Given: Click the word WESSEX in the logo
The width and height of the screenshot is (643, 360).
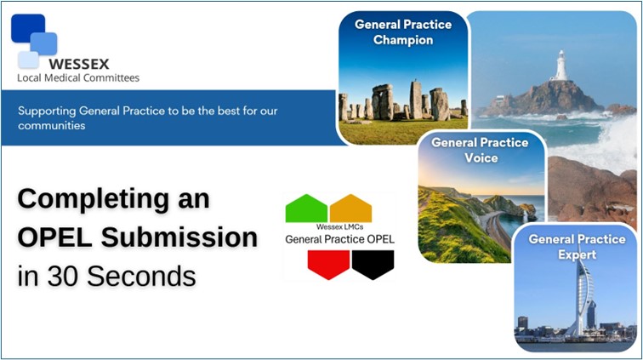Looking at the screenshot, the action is pos(79,64).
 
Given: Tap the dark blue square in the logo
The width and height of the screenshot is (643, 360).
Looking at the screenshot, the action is pos(27,28).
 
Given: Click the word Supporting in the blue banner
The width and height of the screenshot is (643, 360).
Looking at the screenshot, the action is pos(47,111).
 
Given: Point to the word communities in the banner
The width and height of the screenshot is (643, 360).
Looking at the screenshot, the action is pos(51,126).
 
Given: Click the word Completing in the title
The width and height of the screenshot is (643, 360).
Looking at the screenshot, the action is pos(94,200).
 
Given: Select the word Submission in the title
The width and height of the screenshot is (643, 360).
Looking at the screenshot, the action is pos(179,237).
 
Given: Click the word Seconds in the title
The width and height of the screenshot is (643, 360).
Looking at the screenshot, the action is pos(141,276).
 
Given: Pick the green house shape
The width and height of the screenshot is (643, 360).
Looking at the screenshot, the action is pos(306,209).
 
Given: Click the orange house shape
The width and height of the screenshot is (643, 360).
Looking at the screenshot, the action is pos(350,209).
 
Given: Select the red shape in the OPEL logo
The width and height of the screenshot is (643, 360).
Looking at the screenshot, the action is pos(328,265).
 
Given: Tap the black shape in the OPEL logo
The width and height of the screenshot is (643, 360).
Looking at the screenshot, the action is pos(373,265).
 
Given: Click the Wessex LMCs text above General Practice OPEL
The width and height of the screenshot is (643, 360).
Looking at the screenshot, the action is pos(339,226).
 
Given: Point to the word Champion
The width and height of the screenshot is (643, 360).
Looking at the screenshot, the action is pos(403,40).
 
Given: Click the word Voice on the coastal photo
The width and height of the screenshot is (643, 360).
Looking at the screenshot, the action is pos(481,158).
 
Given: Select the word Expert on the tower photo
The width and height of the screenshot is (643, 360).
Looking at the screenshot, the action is pos(577,255).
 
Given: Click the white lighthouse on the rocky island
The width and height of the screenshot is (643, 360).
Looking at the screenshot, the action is pos(560,65).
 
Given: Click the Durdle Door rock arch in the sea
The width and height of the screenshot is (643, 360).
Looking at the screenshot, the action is pos(526,213).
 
